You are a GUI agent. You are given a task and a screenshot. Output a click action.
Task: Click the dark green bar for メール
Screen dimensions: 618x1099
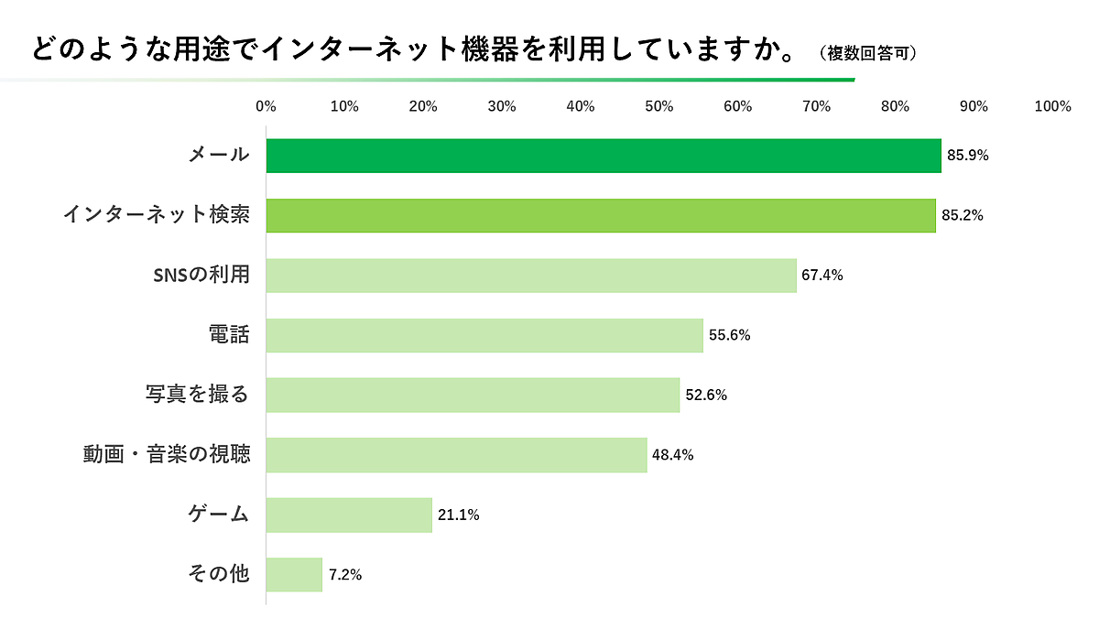point(604,156)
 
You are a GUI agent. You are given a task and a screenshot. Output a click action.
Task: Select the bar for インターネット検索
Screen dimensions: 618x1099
point(601,215)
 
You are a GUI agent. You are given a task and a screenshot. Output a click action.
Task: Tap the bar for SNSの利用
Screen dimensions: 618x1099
point(531,276)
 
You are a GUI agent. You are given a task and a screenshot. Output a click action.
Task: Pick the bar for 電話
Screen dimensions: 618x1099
point(484,335)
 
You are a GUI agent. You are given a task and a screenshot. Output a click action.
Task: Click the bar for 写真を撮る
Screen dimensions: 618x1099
point(473,396)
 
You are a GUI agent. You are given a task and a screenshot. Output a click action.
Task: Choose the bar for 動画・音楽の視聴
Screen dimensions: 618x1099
point(456,455)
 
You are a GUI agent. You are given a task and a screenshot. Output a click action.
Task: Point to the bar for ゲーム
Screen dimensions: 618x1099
point(349,515)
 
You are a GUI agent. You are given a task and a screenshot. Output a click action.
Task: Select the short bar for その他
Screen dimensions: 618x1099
point(294,575)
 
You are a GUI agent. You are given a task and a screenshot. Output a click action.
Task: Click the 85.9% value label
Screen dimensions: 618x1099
point(968,156)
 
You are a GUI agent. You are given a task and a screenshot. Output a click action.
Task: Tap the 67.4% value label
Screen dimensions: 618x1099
point(822,276)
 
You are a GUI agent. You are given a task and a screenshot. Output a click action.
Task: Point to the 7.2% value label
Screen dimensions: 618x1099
point(345,575)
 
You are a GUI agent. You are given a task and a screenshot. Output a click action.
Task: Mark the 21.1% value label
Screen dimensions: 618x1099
point(458,515)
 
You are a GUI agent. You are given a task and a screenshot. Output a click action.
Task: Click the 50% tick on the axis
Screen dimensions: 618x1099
point(659,106)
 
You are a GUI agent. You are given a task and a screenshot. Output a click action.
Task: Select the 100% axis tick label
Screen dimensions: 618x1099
point(1052,106)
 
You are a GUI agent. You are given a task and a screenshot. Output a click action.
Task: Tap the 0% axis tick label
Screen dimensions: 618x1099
point(267,106)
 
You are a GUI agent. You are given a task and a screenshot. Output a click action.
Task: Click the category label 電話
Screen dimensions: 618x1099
point(229,335)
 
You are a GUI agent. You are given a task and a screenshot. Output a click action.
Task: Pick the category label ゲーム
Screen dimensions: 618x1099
point(218,515)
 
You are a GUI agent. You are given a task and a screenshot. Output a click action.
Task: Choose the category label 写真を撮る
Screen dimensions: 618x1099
point(197,396)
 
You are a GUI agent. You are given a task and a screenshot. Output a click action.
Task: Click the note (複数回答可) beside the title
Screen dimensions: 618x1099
point(869,53)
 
